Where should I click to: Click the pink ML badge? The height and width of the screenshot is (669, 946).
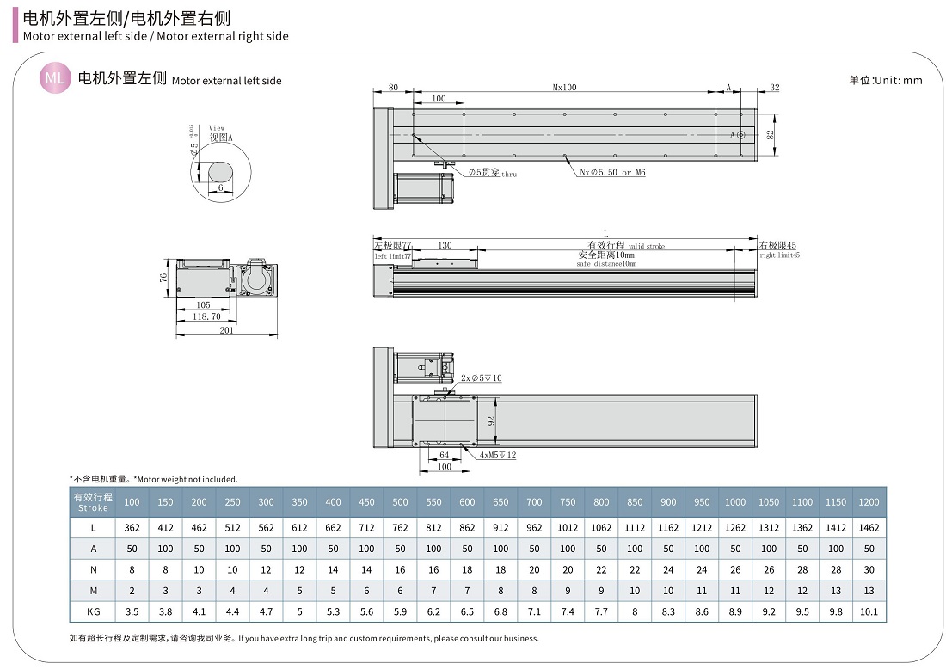(55, 78)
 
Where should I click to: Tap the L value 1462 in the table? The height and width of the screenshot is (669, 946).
(869, 527)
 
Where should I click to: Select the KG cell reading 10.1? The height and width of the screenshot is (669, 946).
(869, 611)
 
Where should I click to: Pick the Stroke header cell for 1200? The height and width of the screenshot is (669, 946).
(869, 502)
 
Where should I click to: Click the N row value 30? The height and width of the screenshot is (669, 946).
(869, 569)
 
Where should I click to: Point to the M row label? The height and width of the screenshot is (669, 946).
(92, 591)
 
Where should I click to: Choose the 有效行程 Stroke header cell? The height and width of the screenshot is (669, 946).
(92, 502)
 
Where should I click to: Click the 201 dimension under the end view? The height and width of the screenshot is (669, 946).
(227, 330)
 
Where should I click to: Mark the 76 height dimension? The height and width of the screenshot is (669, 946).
(163, 277)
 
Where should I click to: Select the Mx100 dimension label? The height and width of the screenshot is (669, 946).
(564, 87)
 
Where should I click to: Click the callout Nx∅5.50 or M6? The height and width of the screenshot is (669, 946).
(612, 173)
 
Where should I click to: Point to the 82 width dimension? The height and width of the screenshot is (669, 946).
(770, 134)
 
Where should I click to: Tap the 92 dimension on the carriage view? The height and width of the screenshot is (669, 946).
(491, 421)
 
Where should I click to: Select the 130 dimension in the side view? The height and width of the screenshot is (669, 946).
(445, 246)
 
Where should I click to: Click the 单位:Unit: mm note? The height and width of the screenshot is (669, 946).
(885, 80)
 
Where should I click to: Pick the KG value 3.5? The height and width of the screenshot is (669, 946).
(132, 611)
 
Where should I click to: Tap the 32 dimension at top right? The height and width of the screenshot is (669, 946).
(774, 87)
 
